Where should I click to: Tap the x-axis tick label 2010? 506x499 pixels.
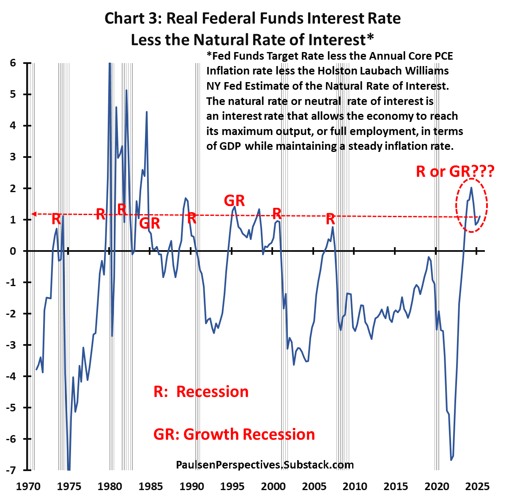(x=355, y=486)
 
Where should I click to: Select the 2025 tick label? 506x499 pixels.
(x=477, y=486)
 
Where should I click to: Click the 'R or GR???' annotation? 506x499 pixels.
(x=455, y=171)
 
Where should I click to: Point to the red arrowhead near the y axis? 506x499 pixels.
(x=34, y=214)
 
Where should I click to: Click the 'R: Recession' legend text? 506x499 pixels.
(x=201, y=391)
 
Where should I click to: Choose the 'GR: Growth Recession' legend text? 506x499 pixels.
(x=234, y=434)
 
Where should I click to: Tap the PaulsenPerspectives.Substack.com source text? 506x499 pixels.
(x=265, y=465)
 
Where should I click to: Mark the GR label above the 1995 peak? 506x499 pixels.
(x=234, y=200)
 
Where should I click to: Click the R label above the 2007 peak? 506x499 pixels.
(x=330, y=219)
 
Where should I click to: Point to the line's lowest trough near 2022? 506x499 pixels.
(x=451, y=460)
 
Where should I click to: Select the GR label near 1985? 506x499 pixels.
(x=150, y=223)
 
